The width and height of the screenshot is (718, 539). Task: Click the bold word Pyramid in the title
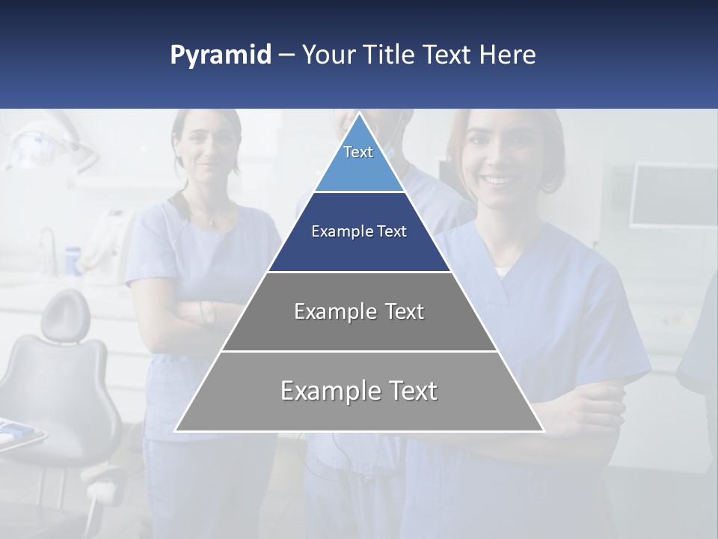pos(221,55)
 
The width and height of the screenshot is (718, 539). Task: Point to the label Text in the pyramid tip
pos(358,152)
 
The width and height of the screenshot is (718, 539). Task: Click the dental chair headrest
pos(65,315)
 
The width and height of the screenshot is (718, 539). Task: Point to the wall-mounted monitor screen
pos(673,195)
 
